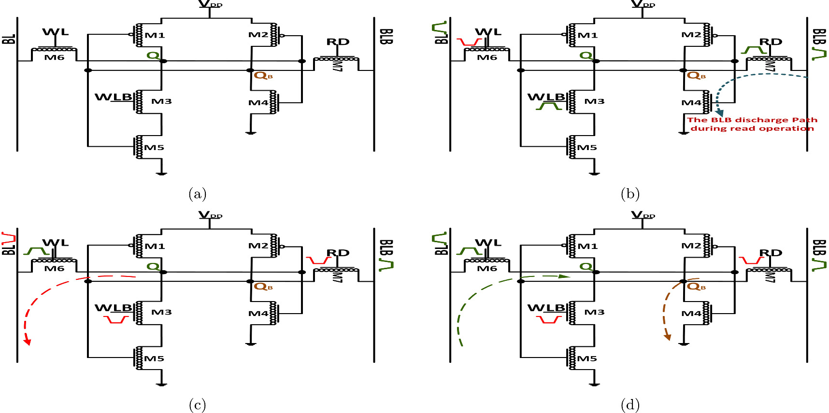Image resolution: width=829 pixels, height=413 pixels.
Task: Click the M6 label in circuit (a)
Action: pos(54,57)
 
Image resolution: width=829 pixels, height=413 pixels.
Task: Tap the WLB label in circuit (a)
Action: pos(113,97)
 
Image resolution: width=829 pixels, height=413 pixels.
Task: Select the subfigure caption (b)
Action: pos(630,194)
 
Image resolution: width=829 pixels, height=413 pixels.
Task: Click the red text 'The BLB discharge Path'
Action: pos(752,120)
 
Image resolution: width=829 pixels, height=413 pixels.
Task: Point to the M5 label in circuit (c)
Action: pos(154,358)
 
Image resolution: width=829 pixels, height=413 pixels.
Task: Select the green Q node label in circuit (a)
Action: pos(153,55)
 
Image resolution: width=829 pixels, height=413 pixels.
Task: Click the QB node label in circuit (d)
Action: pos(696,287)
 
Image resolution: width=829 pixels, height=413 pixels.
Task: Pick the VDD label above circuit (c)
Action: pos(210,215)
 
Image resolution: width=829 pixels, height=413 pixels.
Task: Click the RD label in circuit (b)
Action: pos(771,42)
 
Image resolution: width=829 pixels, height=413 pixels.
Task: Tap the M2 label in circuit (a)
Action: pos(258,35)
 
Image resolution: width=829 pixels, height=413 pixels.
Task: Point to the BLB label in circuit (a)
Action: pos(386,37)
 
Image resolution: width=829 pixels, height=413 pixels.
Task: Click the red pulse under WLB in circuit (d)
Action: pos(549,320)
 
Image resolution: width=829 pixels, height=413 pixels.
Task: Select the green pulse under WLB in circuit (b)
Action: pos(548,106)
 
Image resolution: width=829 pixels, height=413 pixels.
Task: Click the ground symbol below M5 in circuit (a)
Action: pos(161,173)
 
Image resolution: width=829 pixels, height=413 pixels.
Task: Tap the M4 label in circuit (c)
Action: pos(258,314)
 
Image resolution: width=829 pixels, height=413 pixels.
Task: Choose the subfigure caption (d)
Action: pos(630,404)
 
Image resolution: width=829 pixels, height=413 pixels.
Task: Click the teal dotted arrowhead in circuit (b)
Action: pos(719,113)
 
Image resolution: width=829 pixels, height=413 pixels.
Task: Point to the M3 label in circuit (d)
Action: pos(594,312)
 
